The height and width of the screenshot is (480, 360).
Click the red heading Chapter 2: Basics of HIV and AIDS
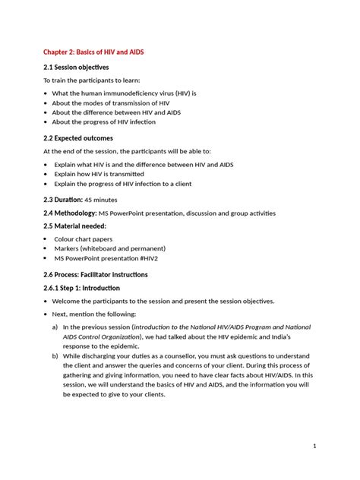click(93, 52)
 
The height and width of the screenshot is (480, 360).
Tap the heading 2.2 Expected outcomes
click(78, 138)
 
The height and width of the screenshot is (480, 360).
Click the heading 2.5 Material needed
click(74, 226)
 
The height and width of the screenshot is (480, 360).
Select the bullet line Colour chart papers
click(84, 239)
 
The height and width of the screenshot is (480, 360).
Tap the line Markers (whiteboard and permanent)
click(110, 248)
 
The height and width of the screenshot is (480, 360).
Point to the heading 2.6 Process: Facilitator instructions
click(95, 274)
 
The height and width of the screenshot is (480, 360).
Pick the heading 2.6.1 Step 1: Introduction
click(81, 289)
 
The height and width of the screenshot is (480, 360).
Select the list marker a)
click(55, 327)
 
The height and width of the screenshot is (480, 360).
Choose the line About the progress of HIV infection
click(103, 122)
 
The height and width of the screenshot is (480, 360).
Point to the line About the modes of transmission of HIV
click(111, 103)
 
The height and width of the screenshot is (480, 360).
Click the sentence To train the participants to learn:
click(91, 81)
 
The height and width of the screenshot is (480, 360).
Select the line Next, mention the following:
click(94, 314)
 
